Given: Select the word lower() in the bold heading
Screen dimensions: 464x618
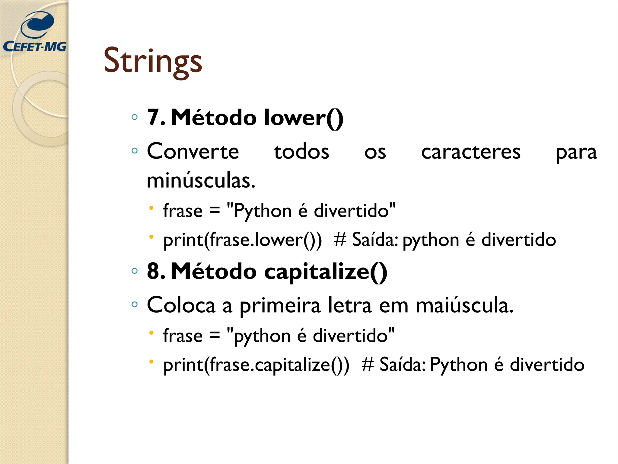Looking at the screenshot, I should (x=303, y=118).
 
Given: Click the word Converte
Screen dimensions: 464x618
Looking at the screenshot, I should (x=193, y=151).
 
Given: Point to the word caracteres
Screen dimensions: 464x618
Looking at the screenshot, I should (x=471, y=152).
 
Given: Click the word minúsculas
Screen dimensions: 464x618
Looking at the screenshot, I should (x=201, y=180).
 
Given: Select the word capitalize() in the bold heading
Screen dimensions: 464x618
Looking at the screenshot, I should (x=326, y=272).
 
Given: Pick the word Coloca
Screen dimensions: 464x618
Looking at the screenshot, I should (x=181, y=305).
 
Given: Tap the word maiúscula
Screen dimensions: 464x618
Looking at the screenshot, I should (x=464, y=306).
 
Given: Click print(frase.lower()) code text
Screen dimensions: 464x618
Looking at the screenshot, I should (x=242, y=240).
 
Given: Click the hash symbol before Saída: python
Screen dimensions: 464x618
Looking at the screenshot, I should (x=340, y=240).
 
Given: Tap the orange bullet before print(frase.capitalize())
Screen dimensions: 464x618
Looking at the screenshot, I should (x=151, y=361).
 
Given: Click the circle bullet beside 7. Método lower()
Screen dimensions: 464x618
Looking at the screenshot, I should (x=135, y=117).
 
